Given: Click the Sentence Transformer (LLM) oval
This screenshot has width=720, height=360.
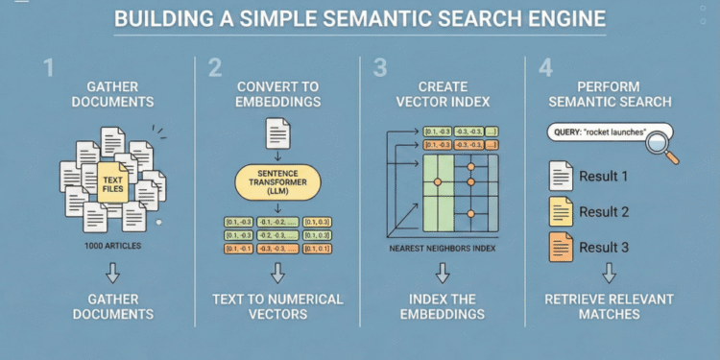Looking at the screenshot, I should coord(278,179).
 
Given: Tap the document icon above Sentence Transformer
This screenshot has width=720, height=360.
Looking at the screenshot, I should coord(278,132).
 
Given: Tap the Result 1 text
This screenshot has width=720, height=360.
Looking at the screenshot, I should coord(604,177).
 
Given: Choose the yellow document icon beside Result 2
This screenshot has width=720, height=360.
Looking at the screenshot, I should coord(561,212).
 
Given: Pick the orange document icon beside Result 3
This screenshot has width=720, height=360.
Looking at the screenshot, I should coord(561,248).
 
